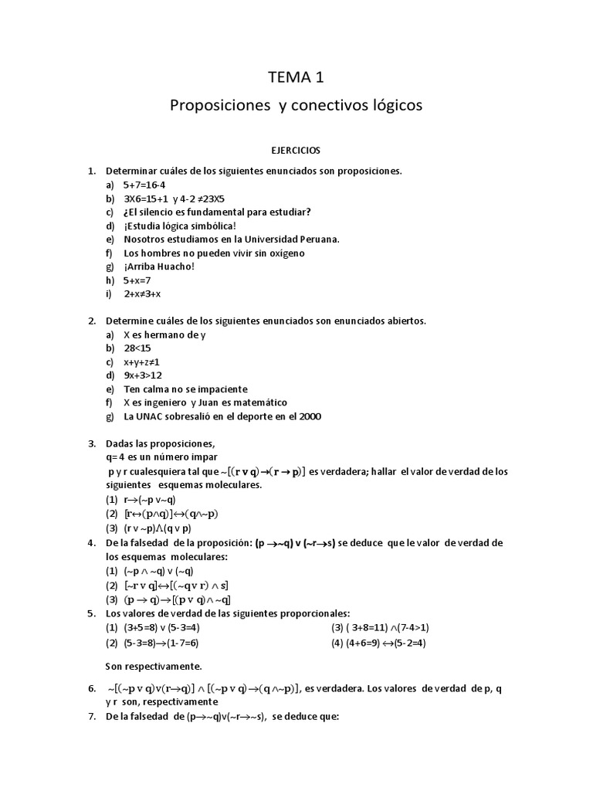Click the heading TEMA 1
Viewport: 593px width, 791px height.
pos(296,76)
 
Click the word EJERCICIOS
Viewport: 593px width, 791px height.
pos(296,150)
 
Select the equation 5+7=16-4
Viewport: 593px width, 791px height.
pos(144,185)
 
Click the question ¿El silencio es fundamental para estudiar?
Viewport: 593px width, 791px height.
pos(217,212)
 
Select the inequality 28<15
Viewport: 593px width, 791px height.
pos(137,348)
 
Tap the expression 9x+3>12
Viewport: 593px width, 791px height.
pos(143,375)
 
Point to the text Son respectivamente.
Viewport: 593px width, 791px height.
pos(153,665)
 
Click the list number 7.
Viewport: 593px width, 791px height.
pos(91,716)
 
